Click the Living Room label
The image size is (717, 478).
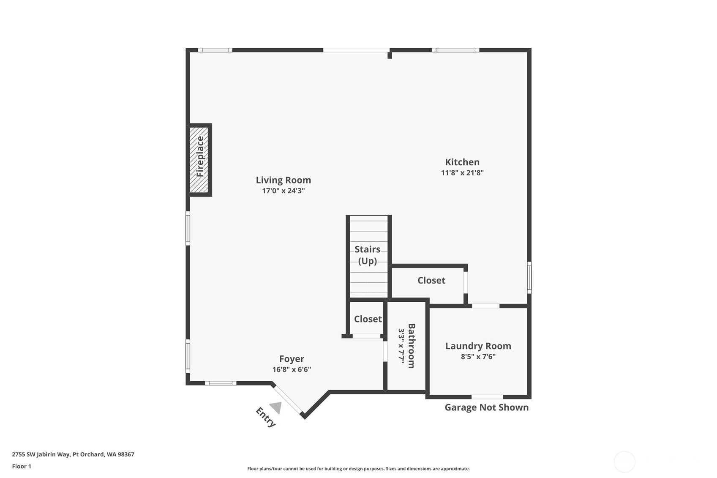pyautogui.click(x=283, y=180)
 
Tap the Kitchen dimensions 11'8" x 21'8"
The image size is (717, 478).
pyautogui.click(x=462, y=172)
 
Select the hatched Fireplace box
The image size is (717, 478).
pyautogui.click(x=199, y=160)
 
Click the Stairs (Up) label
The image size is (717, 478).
pyautogui.click(x=368, y=255)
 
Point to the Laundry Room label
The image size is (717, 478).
pyautogui.click(x=478, y=346)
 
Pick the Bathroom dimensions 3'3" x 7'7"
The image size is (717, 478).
pyautogui.click(x=401, y=346)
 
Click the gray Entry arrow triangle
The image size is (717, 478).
pyautogui.click(x=275, y=407)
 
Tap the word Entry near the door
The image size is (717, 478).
pyautogui.click(x=266, y=417)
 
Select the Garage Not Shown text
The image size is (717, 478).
pyautogui.click(x=487, y=407)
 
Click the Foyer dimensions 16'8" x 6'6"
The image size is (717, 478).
pyautogui.click(x=292, y=369)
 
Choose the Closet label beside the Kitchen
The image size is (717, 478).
pyautogui.click(x=431, y=281)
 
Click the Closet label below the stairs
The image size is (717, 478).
pyautogui.click(x=368, y=319)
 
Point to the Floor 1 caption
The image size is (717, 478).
pyautogui.click(x=22, y=466)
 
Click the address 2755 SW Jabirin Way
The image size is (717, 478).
pyautogui.click(x=73, y=454)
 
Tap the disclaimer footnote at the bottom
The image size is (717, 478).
pyautogui.click(x=358, y=469)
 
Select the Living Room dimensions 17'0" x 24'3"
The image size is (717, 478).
pyautogui.click(x=283, y=191)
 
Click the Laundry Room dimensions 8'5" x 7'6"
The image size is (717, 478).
pyautogui.click(x=478, y=356)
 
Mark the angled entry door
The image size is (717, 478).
pyautogui.click(x=288, y=400)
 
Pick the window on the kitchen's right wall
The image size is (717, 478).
pyautogui.click(x=529, y=278)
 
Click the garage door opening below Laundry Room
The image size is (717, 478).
pyautogui.click(x=487, y=397)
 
